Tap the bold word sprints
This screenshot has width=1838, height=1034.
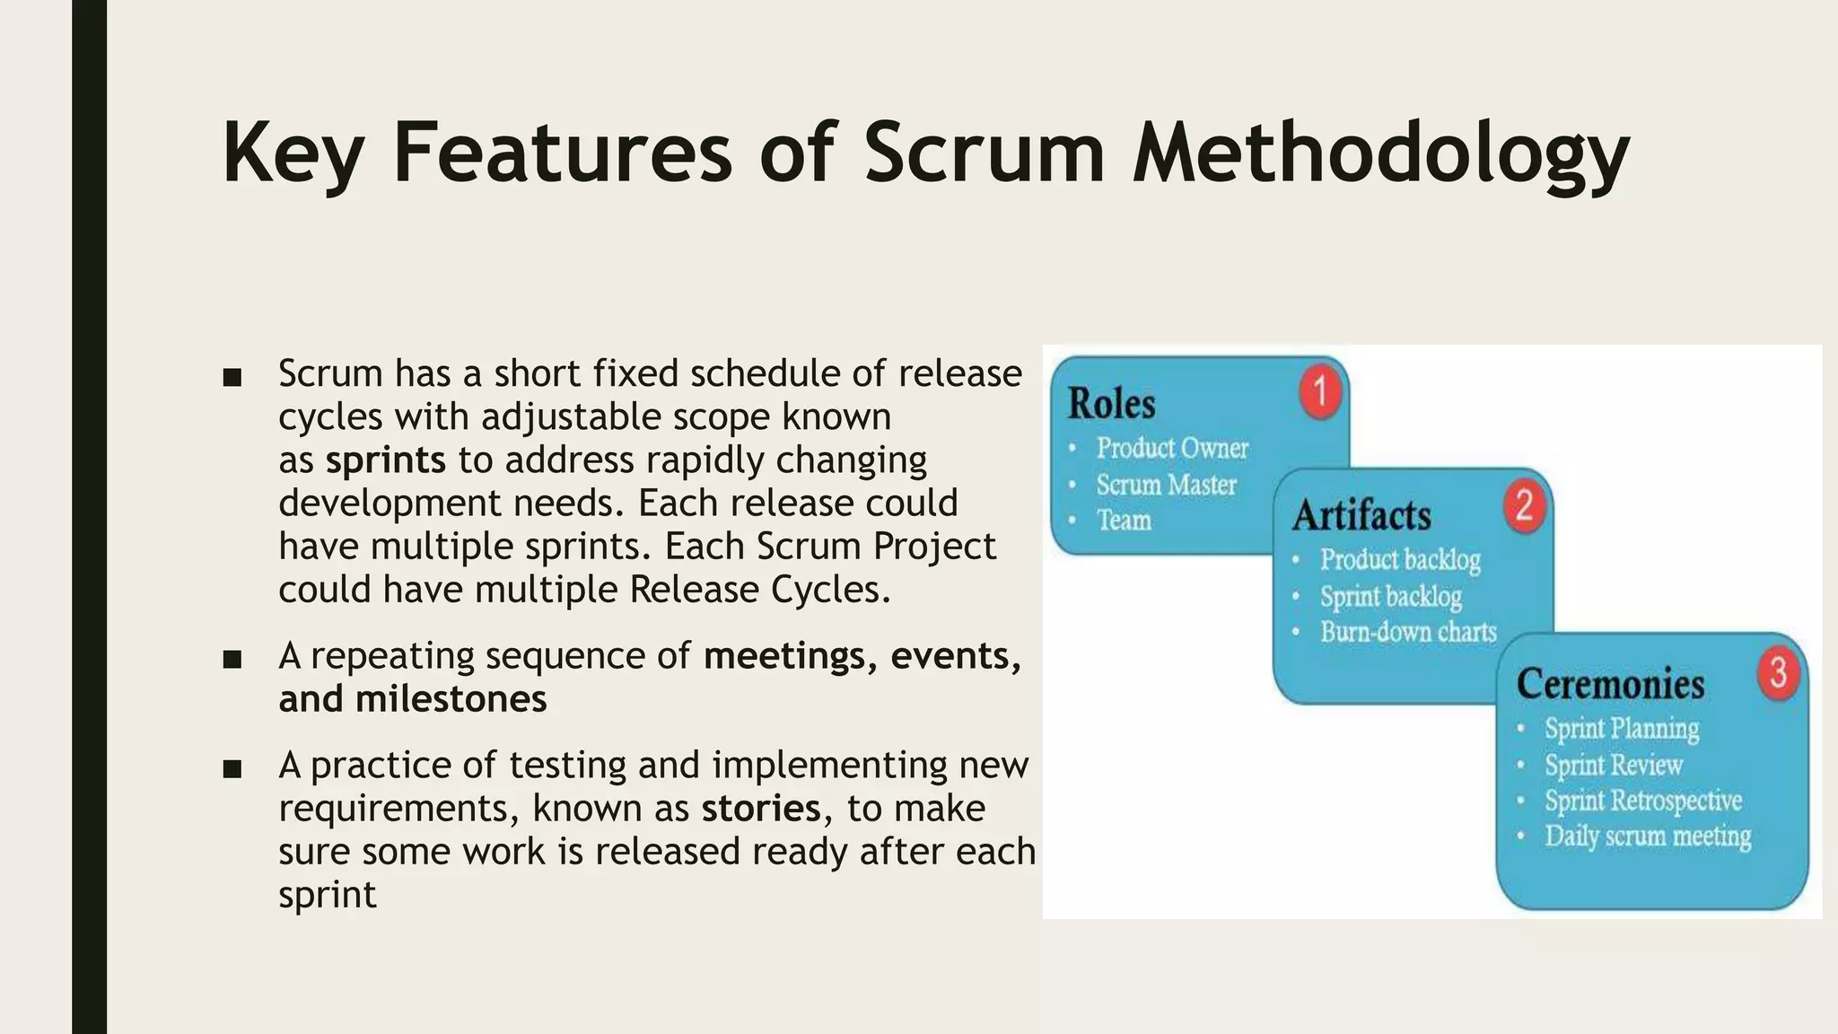[x=385, y=460]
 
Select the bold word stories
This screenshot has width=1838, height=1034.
[x=761, y=809]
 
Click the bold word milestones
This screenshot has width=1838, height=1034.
[x=451, y=699]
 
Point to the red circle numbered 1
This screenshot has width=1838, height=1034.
[x=1320, y=392]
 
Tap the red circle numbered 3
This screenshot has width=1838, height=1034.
[x=1778, y=673]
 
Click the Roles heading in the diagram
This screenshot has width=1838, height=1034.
[x=1111, y=403]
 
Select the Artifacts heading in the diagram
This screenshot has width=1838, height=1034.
[x=1361, y=515]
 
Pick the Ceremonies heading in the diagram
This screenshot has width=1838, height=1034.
[x=1610, y=684]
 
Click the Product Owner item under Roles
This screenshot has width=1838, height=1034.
[x=1171, y=448]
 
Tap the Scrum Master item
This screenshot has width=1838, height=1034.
[x=1166, y=485]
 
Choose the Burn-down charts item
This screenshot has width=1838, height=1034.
[x=1407, y=632]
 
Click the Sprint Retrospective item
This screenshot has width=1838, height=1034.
[x=1642, y=801]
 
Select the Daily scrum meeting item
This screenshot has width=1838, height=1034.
[x=1647, y=837]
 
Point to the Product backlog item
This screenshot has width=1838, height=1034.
[x=1399, y=560]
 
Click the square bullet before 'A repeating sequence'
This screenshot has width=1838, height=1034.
[x=232, y=660]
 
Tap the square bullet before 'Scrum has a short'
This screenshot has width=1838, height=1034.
[x=232, y=377]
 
